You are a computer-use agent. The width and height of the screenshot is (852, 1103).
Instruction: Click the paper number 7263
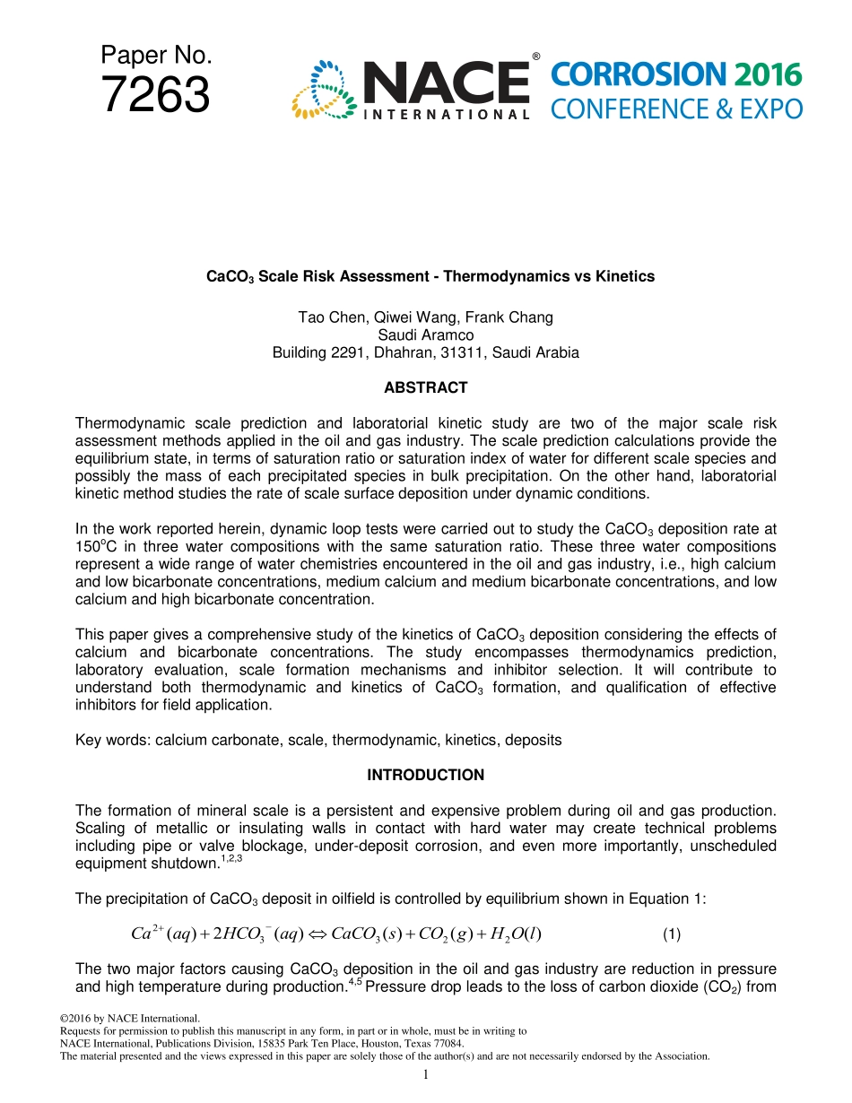pyautogui.click(x=156, y=95)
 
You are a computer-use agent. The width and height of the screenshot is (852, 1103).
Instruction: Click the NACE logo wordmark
pyautogui.click(x=446, y=83)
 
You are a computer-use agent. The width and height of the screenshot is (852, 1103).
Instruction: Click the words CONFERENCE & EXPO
pyautogui.click(x=676, y=109)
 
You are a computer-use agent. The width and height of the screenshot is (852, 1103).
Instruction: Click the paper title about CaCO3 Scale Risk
pyautogui.click(x=430, y=277)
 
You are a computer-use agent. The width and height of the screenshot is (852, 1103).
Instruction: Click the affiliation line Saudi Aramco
pyautogui.click(x=425, y=335)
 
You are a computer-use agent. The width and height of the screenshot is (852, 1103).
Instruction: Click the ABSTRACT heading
pyautogui.click(x=425, y=388)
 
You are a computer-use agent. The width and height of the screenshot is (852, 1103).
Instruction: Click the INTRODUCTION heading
pyautogui.click(x=425, y=776)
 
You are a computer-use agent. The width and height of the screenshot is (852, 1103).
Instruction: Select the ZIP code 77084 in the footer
pyautogui.click(x=448, y=1044)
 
